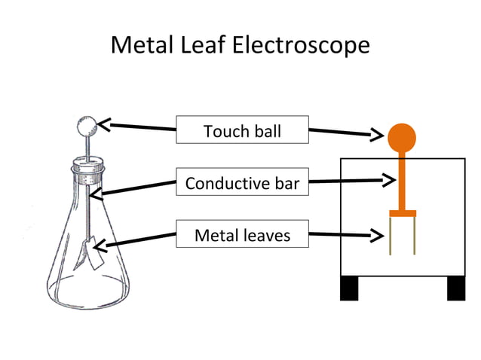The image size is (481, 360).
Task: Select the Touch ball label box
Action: click(x=242, y=130)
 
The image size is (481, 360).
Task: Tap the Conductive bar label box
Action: click(x=242, y=182)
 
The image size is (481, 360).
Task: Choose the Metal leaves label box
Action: click(x=242, y=235)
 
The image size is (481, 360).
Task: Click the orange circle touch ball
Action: click(x=402, y=136)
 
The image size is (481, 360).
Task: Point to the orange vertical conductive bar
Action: click(x=402, y=181)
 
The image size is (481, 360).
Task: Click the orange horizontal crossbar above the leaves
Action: click(x=403, y=213)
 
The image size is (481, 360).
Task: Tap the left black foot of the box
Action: click(x=349, y=288)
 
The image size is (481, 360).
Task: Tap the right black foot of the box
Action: click(x=456, y=288)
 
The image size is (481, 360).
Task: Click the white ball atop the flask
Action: click(x=87, y=124)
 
